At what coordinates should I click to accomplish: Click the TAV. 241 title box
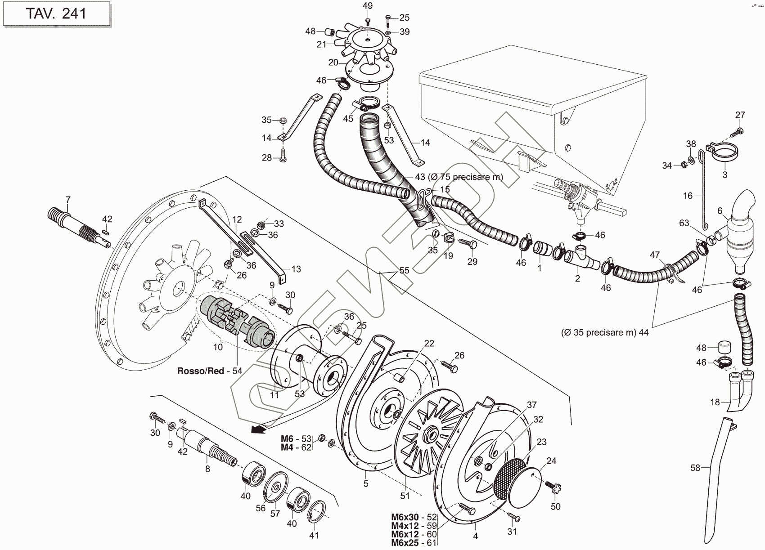tap(56, 14)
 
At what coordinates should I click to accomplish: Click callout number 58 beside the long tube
tap(695, 468)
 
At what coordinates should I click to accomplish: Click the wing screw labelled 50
tap(552, 487)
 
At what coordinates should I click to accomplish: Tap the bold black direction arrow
tap(257, 430)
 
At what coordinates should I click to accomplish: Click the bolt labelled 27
tap(737, 132)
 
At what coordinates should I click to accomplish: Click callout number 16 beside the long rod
tap(688, 195)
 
